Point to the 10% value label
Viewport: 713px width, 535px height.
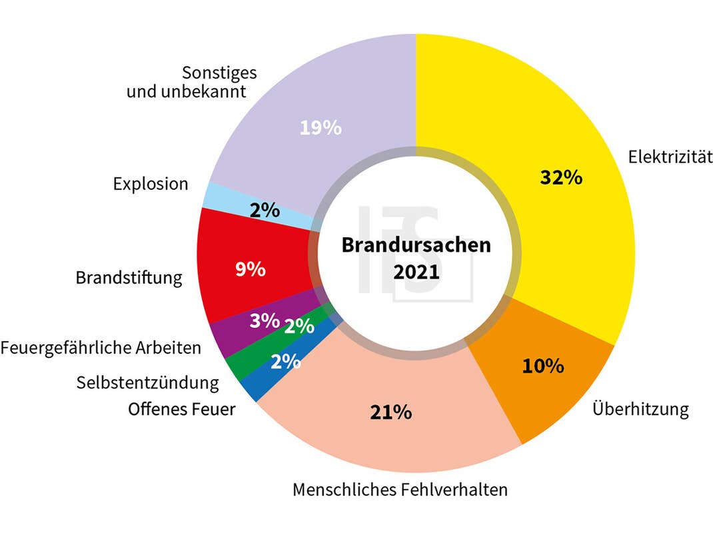click(x=542, y=366)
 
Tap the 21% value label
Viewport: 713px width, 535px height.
click(x=390, y=412)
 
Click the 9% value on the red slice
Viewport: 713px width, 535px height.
click(x=251, y=270)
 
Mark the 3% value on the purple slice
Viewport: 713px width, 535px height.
click(x=264, y=320)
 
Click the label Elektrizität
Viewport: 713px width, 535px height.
click(x=670, y=157)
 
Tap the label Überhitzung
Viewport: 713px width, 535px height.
click(x=640, y=408)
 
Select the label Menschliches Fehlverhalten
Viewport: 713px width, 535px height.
click(x=400, y=490)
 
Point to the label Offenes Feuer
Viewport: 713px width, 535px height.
click(x=182, y=408)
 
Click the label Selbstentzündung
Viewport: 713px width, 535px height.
click(x=147, y=382)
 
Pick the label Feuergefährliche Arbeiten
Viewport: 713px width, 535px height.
click(x=101, y=348)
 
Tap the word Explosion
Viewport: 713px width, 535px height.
click(x=151, y=183)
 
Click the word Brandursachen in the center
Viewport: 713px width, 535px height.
click(x=416, y=245)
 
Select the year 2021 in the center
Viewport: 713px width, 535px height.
click(x=416, y=272)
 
